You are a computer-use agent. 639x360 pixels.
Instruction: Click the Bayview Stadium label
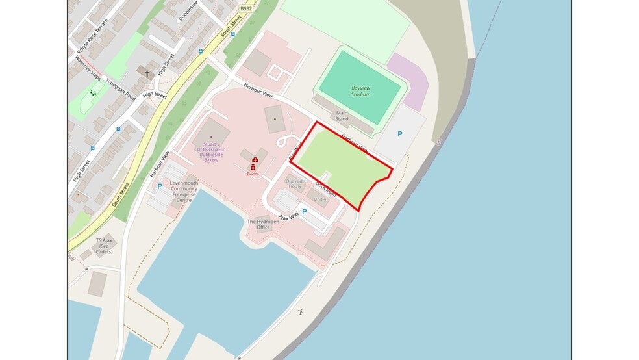[360, 90]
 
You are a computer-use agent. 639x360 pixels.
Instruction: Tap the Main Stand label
[342, 116]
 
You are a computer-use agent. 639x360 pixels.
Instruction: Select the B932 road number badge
[245, 8]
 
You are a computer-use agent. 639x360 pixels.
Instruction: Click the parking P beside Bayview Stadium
[399, 134]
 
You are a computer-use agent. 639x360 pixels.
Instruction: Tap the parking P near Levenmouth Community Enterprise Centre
[160, 186]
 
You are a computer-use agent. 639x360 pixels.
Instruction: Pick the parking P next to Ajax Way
[304, 212]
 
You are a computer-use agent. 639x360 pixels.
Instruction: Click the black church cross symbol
[147, 73]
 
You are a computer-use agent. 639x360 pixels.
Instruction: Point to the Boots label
[253, 174]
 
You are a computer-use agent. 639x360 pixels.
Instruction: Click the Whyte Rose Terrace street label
[92, 36]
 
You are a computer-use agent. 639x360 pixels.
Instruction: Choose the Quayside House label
[295, 183]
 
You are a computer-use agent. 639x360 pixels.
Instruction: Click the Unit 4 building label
[319, 199]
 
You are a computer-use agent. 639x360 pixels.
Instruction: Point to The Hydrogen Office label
[262, 224]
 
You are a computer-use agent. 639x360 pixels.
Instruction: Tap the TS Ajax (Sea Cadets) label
[104, 245]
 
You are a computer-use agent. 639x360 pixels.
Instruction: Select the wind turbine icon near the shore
[301, 312]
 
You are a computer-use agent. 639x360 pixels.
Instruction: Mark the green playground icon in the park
[93, 94]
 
